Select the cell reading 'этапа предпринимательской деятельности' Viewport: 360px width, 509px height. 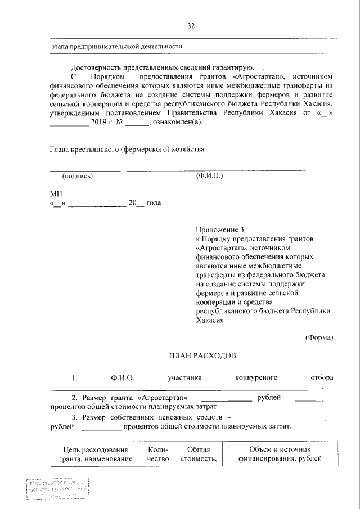pos(116,46)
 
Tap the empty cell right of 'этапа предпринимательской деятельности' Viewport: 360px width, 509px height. pos(276,46)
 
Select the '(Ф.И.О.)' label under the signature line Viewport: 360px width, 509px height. pos(210,176)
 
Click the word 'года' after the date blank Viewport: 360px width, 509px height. pos(154,203)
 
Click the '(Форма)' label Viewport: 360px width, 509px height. pos(319,337)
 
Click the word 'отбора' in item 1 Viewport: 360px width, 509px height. pos(322,377)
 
